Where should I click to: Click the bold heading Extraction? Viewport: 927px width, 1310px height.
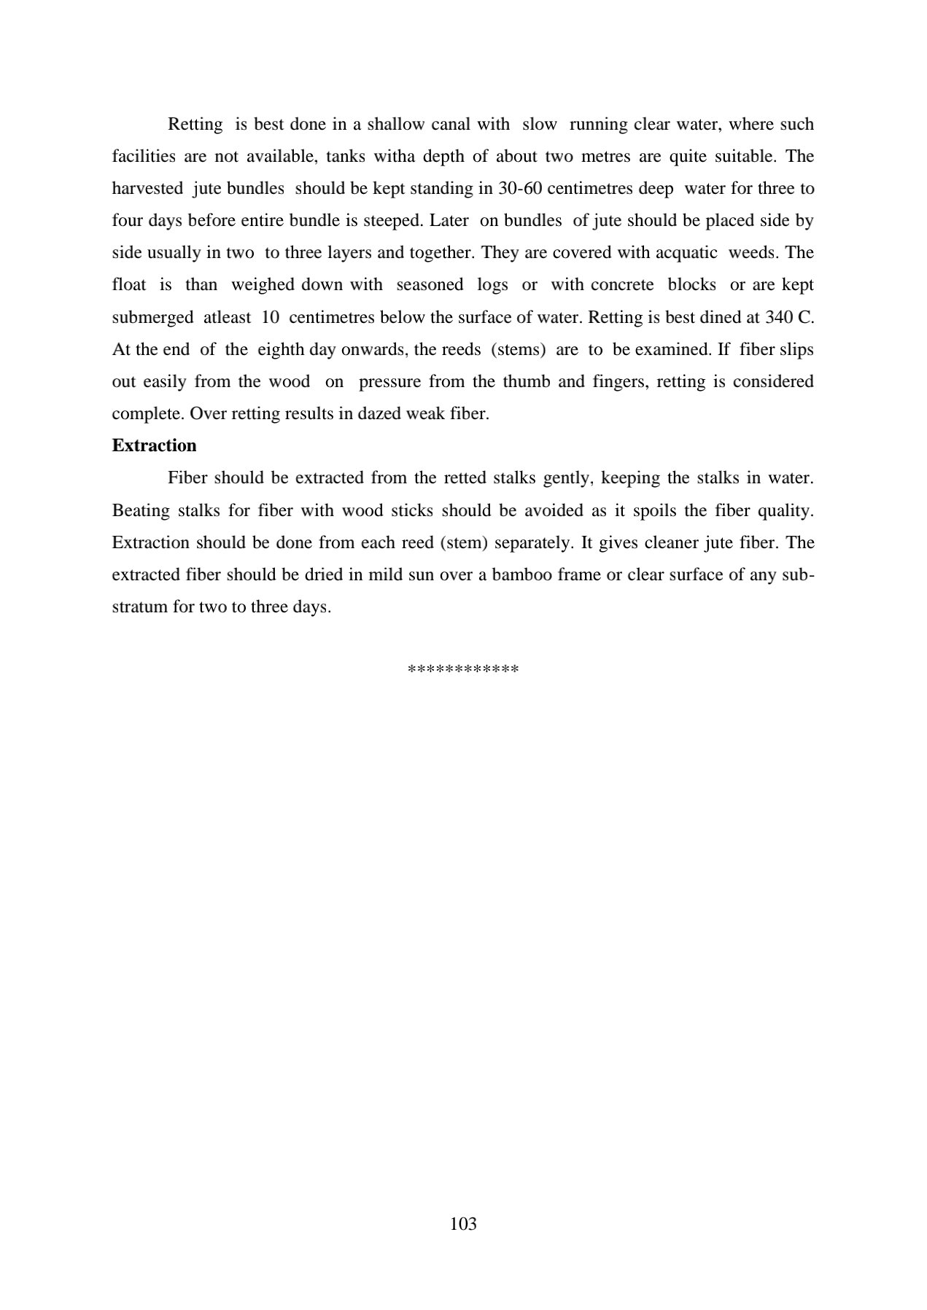point(154,445)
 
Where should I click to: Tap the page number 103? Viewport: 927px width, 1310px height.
point(463,1223)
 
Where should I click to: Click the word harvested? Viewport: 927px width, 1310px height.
point(147,188)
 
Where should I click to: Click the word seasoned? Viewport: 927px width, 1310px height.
point(430,284)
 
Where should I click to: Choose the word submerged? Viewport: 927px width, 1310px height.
point(152,317)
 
